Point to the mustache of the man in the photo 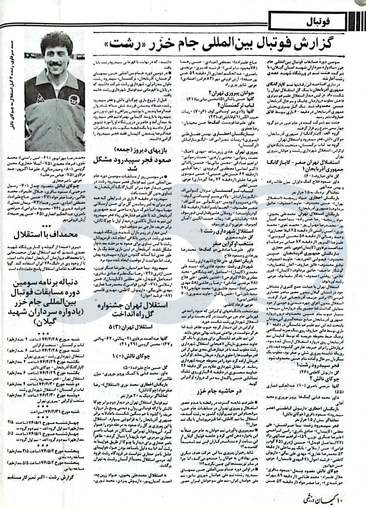pos(56,63)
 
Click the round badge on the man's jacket pos(73,100)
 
